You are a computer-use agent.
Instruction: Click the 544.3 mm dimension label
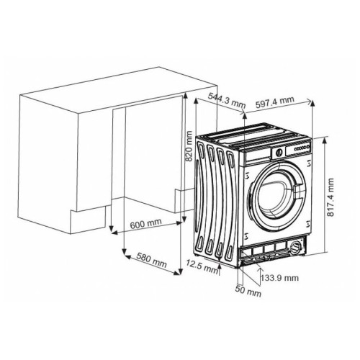(227, 100)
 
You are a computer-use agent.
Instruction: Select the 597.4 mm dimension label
(274, 102)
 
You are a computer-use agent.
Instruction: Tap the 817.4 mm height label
(330, 197)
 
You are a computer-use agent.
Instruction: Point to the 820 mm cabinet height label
(189, 146)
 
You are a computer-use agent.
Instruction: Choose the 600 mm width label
(145, 224)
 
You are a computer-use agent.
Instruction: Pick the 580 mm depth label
(152, 261)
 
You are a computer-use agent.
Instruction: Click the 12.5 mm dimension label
(202, 266)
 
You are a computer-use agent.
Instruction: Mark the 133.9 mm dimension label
(280, 278)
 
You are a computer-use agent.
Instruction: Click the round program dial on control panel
(278, 153)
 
